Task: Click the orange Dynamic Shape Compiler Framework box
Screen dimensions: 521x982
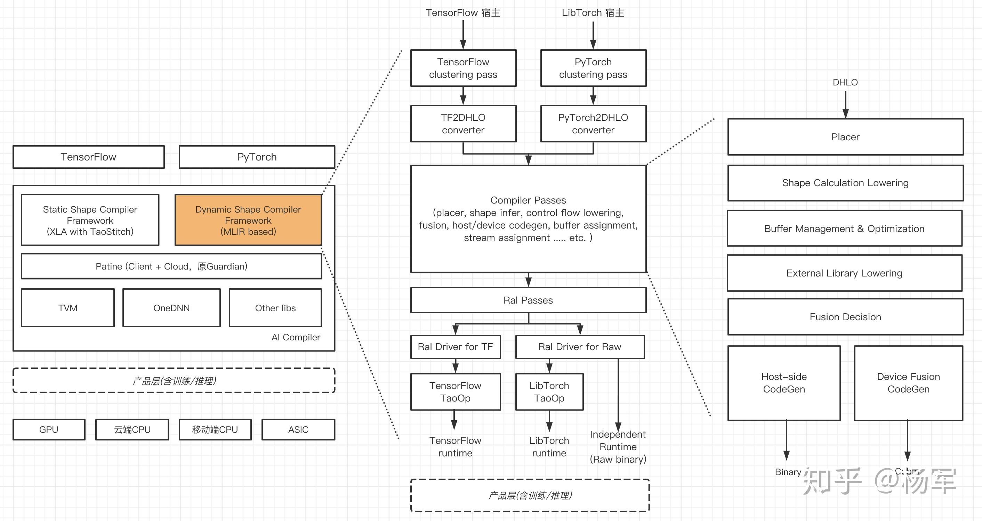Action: (x=248, y=220)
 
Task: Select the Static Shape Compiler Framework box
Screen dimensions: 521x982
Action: (x=90, y=220)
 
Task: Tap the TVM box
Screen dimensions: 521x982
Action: (x=67, y=308)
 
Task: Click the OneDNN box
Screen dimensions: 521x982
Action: (x=171, y=308)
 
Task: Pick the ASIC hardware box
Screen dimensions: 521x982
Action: (x=298, y=430)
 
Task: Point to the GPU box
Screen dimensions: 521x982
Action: (x=49, y=430)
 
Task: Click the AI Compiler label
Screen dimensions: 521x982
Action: (x=296, y=337)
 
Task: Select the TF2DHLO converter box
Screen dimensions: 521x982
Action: (x=463, y=124)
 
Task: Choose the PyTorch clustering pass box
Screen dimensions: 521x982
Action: (x=593, y=68)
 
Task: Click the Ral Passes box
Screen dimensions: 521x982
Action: (x=528, y=300)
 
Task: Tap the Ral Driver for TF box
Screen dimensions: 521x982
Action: (x=455, y=347)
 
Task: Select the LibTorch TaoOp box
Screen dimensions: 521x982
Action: (x=549, y=392)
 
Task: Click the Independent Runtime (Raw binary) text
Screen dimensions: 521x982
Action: (x=618, y=447)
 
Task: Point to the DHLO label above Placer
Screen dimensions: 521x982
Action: (x=845, y=82)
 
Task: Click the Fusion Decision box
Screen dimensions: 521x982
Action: (x=845, y=317)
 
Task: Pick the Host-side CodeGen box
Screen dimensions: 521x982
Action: (x=784, y=383)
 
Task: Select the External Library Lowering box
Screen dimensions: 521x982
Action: (x=844, y=273)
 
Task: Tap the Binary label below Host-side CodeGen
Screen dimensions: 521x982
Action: (x=788, y=472)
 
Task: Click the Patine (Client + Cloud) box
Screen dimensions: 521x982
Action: (x=171, y=266)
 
